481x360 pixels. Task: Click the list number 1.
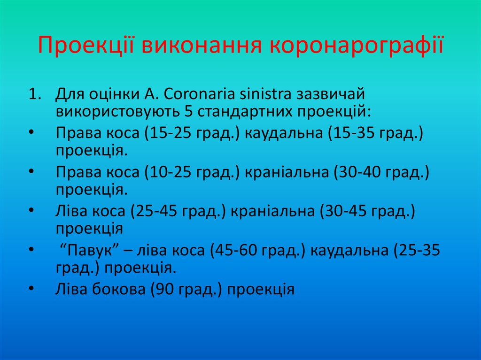coord(34,93)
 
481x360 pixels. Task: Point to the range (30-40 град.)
coord(382,172)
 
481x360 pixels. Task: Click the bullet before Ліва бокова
coord(31,289)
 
